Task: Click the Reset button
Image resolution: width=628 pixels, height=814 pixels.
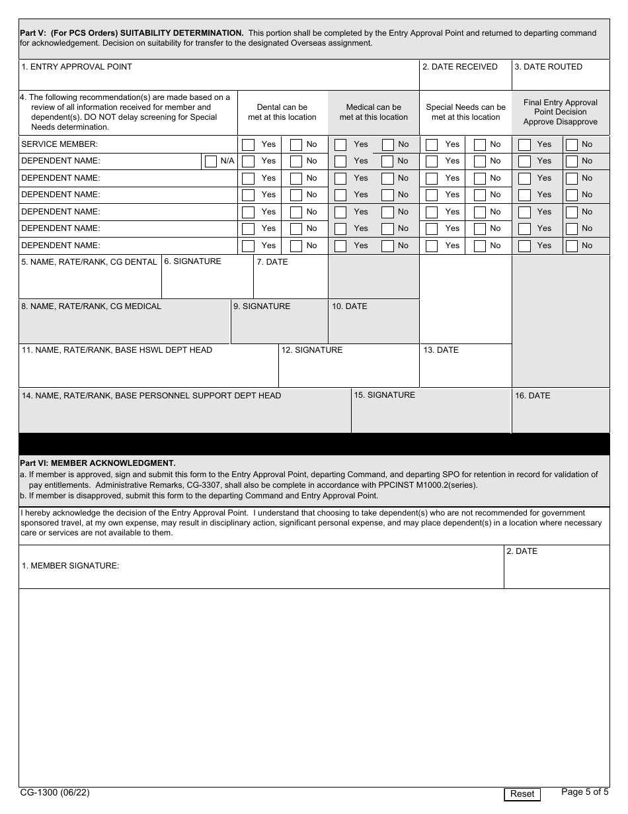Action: (x=522, y=793)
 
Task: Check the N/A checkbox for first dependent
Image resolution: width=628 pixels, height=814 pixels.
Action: (x=211, y=161)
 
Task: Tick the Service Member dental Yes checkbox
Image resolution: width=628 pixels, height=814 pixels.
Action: (x=248, y=144)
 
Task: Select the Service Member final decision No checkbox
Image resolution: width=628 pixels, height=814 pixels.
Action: (x=572, y=144)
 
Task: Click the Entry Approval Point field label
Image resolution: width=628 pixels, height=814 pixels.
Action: (x=77, y=67)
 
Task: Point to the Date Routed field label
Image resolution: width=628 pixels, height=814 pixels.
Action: (x=548, y=67)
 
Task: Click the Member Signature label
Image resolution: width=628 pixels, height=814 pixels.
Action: (x=70, y=566)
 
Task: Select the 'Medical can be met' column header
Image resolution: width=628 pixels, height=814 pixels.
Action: (x=373, y=112)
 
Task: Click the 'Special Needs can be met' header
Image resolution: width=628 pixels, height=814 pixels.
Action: (x=465, y=112)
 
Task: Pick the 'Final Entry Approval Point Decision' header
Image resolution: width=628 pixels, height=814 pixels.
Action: (x=560, y=112)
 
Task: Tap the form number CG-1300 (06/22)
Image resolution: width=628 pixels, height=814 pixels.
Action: (x=55, y=792)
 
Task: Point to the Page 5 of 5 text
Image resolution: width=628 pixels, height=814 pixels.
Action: (x=584, y=791)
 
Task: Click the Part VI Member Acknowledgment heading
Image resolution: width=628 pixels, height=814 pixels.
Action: (x=98, y=463)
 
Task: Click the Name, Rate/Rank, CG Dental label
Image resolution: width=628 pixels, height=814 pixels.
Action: (x=89, y=262)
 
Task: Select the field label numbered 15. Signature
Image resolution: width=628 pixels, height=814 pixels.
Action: (x=384, y=395)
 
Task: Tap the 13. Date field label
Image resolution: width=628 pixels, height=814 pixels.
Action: (x=440, y=350)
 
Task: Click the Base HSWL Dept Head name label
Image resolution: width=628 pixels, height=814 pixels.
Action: (x=117, y=350)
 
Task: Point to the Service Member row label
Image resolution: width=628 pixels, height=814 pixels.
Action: (x=59, y=144)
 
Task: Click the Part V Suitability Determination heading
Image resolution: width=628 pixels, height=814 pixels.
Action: (x=132, y=33)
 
